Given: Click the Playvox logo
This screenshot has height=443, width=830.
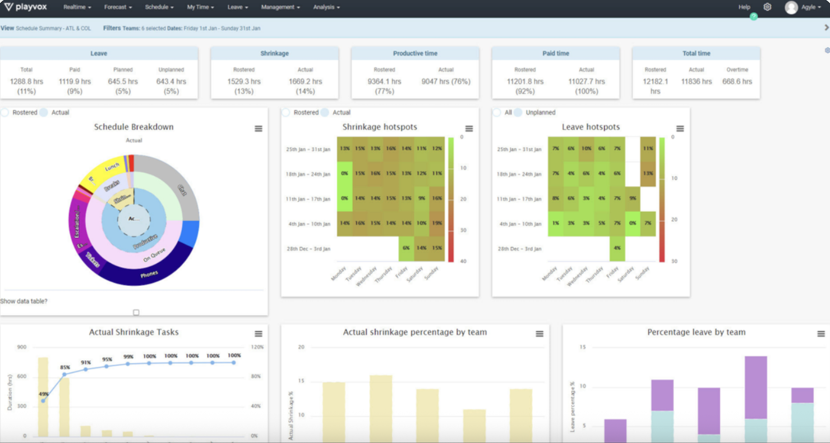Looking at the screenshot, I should (26, 7).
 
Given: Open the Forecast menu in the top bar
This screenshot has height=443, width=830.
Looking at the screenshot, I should (118, 7).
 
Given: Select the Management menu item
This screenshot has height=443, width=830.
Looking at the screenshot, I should (280, 7).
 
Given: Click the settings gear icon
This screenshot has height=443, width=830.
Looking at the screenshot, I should (767, 7).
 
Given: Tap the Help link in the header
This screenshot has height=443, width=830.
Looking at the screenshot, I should (744, 7).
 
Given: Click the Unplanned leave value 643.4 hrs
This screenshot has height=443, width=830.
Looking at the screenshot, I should (171, 81).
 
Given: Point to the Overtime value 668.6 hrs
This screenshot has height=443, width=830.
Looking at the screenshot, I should (737, 81).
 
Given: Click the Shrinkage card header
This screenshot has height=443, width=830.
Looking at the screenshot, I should (274, 53).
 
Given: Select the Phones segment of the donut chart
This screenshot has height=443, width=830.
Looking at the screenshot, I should (149, 274).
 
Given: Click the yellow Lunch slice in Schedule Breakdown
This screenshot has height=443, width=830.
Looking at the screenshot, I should (112, 167).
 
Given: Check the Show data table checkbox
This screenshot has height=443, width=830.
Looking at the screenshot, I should (136, 313).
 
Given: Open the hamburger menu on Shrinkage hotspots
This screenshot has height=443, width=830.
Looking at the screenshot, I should (469, 129).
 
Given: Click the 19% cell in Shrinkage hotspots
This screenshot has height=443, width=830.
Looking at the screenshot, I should (437, 223).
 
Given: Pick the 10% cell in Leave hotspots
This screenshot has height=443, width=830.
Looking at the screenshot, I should (587, 149).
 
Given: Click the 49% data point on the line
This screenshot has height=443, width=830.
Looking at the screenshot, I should (43, 401).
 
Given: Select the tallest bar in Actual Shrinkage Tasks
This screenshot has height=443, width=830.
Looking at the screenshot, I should (43, 396).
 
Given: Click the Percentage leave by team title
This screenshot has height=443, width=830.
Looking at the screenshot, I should (696, 332).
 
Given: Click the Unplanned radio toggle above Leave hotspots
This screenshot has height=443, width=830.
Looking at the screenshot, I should (518, 112).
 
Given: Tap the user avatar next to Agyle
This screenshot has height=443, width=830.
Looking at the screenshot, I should (791, 7).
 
